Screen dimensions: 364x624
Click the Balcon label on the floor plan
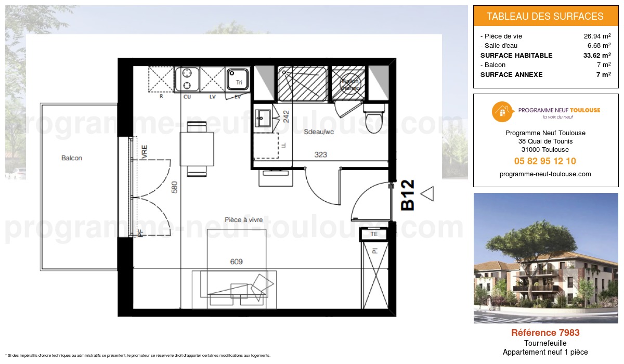pos(71,158)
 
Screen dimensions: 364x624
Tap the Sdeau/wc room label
pos(318,133)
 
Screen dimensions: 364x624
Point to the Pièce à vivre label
pos(243,220)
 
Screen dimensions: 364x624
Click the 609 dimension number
pos(237,262)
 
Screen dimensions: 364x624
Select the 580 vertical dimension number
pos(175,188)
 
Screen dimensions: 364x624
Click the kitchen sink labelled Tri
pos(238,79)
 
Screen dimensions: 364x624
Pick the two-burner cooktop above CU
pos(187,79)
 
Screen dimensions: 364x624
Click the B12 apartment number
pos(408,195)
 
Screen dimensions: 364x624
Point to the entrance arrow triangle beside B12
pos(427,194)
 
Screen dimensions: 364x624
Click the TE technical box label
pos(374,235)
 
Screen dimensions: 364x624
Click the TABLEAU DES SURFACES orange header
pos(545,16)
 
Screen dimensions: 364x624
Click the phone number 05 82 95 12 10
pos(545,161)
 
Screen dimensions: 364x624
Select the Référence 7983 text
pos(545,333)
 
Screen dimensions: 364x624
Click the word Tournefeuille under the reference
pos(545,343)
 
